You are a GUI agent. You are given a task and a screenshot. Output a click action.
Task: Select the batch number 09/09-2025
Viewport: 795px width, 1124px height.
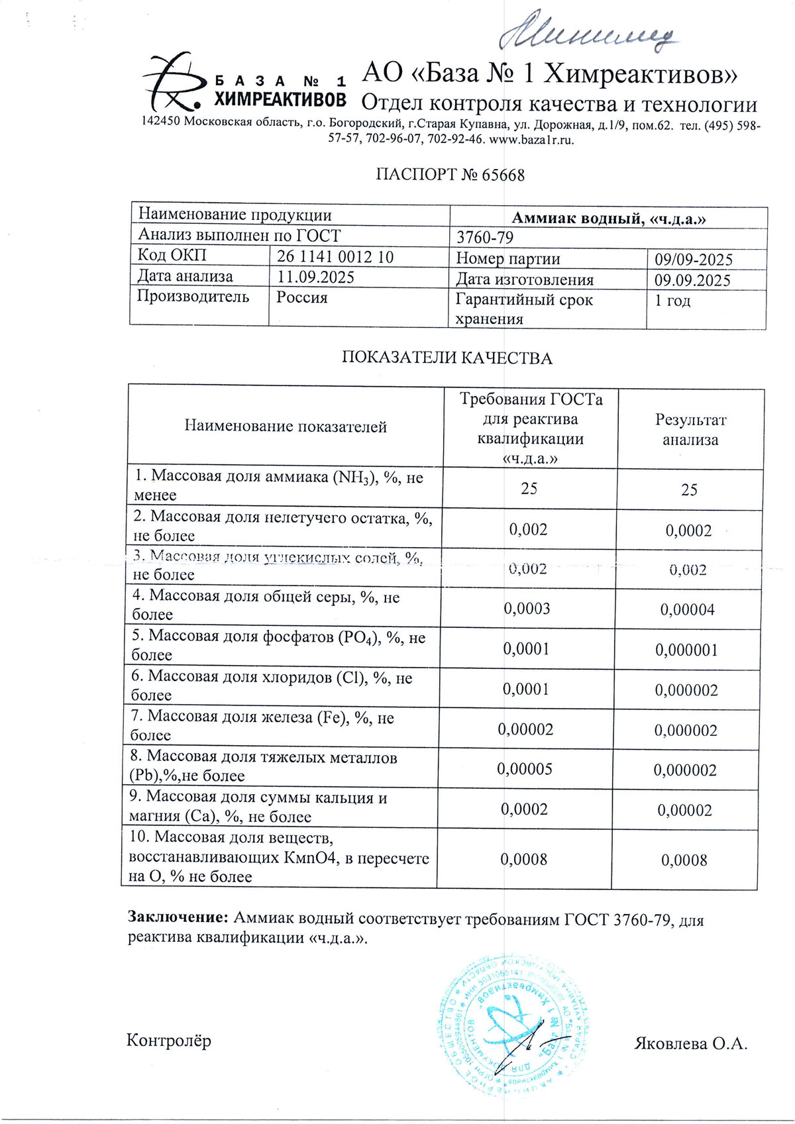693,260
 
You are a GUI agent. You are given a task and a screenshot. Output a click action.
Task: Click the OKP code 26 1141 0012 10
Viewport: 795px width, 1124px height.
335,256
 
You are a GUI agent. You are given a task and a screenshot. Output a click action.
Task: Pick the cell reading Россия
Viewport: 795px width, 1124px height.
302,297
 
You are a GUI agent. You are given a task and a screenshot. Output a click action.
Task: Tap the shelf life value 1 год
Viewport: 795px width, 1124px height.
672,301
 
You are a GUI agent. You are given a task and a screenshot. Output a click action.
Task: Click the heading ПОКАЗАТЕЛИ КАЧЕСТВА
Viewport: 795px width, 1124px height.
447,358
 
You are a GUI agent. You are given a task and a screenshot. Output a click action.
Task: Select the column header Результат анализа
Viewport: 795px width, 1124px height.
690,429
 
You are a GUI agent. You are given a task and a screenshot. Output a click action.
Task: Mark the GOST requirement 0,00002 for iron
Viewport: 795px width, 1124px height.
525,729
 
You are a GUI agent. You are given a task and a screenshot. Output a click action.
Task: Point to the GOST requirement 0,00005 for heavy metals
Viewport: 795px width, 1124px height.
525,769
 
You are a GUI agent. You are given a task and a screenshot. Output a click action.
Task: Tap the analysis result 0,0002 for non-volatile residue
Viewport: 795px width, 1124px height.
688,531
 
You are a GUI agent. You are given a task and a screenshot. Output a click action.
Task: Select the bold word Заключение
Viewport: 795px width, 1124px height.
178,917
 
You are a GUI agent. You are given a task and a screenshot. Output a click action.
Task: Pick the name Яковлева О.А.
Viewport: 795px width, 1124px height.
690,1045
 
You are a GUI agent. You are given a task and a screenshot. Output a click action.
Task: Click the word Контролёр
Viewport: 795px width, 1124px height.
169,1041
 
